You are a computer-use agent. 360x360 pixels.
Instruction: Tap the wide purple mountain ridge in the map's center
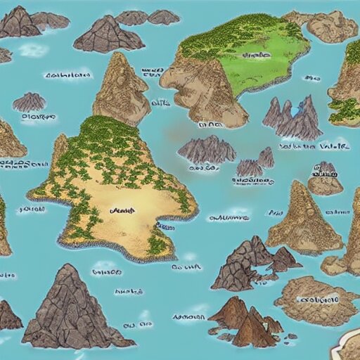(207, 150)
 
